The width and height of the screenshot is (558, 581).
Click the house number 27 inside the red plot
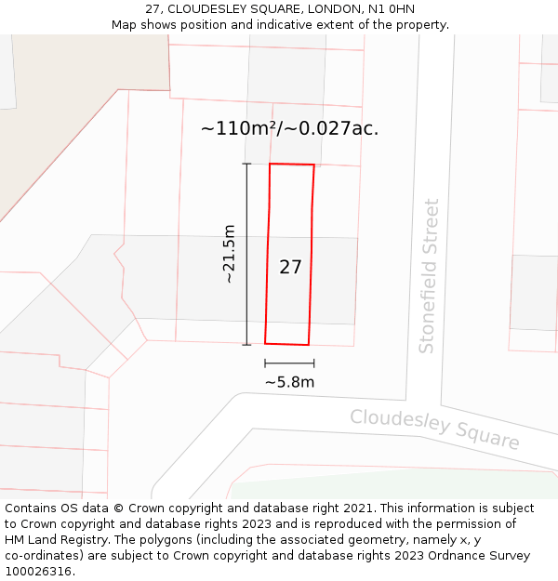[x=290, y=267]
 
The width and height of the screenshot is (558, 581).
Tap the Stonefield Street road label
[x=428, y=276]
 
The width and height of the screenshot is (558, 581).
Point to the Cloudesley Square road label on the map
[x=434, y=429]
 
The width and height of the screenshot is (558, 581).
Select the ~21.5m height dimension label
[x=229, y=254]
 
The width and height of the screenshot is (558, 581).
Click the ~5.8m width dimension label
[x=289, y=382]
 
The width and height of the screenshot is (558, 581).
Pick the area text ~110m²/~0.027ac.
[x=289, y=129]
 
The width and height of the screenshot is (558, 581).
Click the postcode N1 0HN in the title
[x=391, y=9]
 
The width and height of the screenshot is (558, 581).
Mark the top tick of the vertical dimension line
[x=246, y=164]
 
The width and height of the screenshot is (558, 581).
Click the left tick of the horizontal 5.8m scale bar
[x=265, y=363]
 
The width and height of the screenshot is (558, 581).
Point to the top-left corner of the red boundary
[x=270, y=164]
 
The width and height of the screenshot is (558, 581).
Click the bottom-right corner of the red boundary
[x=308, y=345]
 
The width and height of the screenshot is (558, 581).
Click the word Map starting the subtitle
[x=125, y=25]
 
